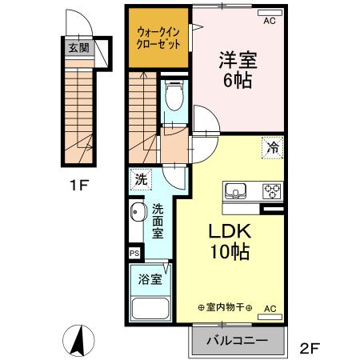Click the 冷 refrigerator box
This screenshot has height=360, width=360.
tap(273, 146)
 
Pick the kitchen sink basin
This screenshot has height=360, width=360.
tap(237, 190)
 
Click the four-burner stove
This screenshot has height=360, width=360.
tap(272, 190)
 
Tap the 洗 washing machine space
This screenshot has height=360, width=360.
tap(141, 180)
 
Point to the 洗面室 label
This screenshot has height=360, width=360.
tap(158, 219)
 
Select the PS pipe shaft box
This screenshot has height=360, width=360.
tap(134, 252)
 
